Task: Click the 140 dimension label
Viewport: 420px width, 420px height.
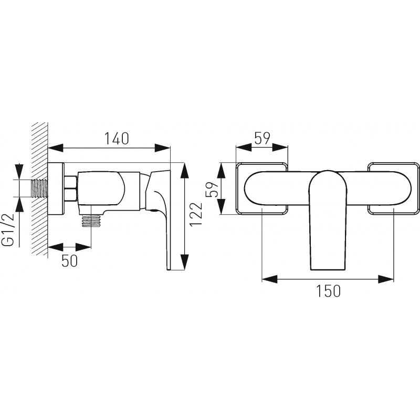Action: (x=116, y=139)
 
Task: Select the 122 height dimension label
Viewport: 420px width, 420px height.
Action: (x=196, y=214)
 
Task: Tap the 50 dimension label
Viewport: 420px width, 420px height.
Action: (x=70, y=260)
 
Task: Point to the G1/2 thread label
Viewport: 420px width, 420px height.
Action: (x=9, y=230)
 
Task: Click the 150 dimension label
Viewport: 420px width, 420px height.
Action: (x=329, y=291)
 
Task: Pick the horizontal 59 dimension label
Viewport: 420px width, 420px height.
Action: (x=262, y=139)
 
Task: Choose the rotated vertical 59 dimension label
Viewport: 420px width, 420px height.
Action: (x=213, y=189)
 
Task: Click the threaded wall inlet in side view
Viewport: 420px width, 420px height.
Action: (x=40, y=188)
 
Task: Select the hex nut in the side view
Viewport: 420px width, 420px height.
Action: (x=71, y=188)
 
